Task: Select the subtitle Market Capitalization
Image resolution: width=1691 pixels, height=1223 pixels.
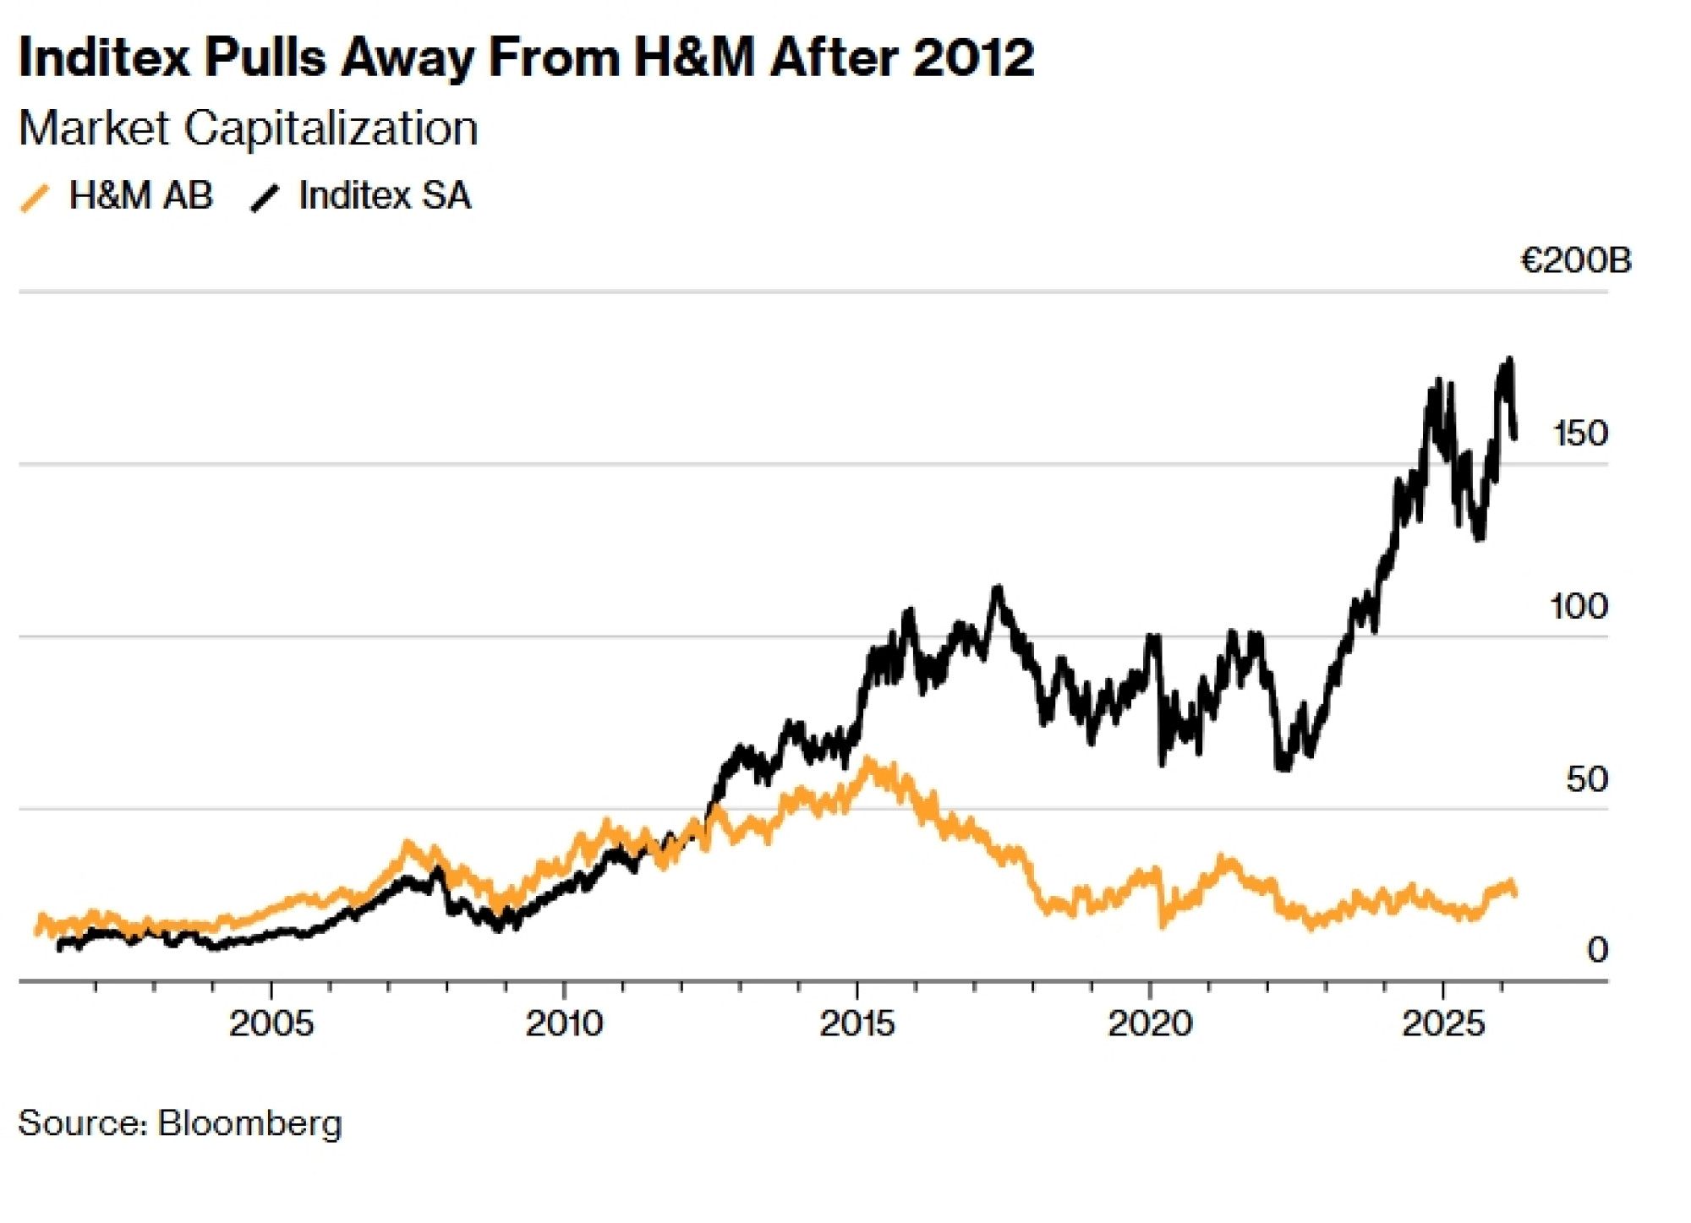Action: pyautogui.click(x=248, y=128)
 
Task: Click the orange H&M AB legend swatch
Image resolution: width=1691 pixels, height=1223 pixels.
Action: pyautogui.click(x=35, y=198)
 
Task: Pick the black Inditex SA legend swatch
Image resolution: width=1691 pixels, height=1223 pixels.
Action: pyautogui.click(x=265, y=198)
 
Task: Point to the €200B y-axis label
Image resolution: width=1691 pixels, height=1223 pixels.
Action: pyautogui.click(x=1575, y=261)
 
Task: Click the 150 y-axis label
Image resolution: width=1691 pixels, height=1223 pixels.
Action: pyautogui.click(x=1579, y=434)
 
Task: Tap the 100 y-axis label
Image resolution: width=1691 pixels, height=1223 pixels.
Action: pyautogui.click(x=1578, y=607)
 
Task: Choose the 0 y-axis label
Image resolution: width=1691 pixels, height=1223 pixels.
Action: pyautogui.click(x=1596, y=951)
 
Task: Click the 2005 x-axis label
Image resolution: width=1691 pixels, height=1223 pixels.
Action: pyautogui.click(x=271, y=1024)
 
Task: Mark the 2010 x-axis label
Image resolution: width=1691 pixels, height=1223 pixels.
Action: pyautogui.click(x=564, y=1024)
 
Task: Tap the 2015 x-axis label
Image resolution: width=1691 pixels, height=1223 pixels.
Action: pyautogui.click(x=857, y=1024)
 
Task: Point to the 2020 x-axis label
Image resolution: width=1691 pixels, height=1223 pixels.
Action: pyautogui.click(x=1150, y=1024)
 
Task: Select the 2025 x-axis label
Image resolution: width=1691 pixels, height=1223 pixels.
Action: pyautogui.click(x=1443, y=1024)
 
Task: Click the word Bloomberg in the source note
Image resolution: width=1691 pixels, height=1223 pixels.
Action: pyautogui.click(x=249, y=1124)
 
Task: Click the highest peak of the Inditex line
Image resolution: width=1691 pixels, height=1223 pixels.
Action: pyautogui.click(x=1509, y=361)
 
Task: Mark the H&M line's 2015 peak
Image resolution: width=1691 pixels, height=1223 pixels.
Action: pyautogui.click(x=867, y=762)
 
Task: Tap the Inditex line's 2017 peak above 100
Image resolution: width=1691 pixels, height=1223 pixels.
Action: pyautogui.click(x=999, y=587)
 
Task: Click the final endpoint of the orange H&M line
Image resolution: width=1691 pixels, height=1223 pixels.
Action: pyautogui.click(x=1514, y=893)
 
